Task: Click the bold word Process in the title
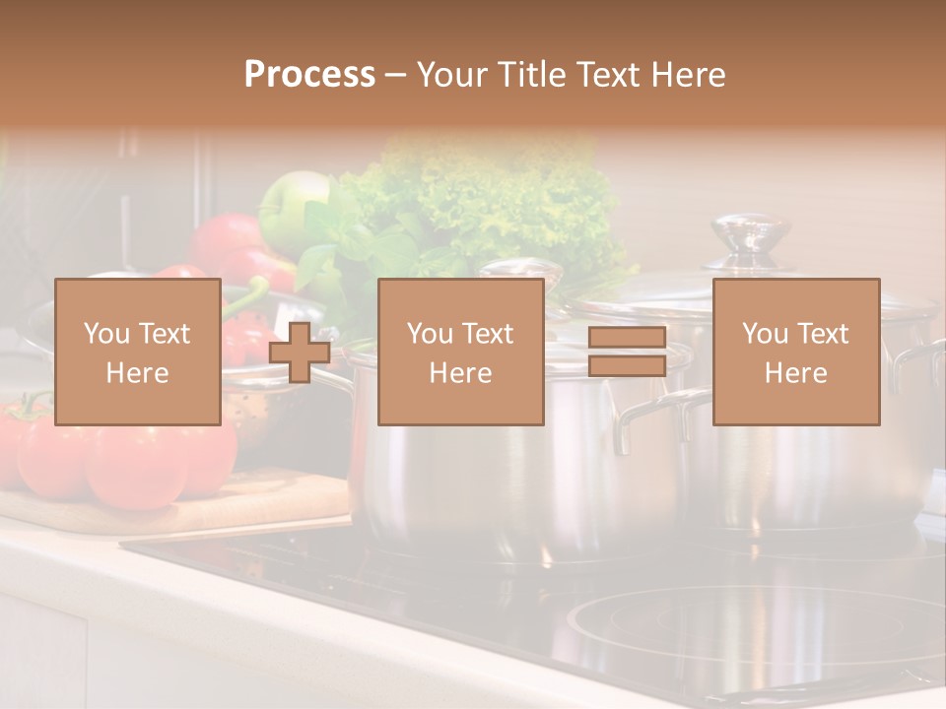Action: tap(309, 75)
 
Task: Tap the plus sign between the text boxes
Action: tap(300, 352)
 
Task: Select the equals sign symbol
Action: tap(627, 352)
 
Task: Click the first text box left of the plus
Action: tap(137, 352)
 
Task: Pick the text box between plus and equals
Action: tap(460, 352)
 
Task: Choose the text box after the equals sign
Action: tap(795, 352)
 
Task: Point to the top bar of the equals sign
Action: tap(627, 338)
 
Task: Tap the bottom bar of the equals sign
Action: tap(627, 366)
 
